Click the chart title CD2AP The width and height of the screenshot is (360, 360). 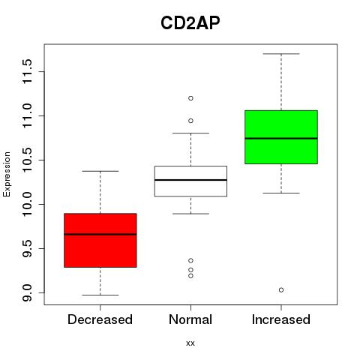point(190,23)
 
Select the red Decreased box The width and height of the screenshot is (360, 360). point(100,240)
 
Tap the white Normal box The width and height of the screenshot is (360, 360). point(190,181)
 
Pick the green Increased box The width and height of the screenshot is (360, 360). point(281,137)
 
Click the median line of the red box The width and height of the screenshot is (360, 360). point(100,234)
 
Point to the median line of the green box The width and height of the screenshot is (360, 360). point(281,138)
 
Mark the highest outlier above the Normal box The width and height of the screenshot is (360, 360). point(190,98)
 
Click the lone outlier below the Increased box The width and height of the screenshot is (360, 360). point(281,290)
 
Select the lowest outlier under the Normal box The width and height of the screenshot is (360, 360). point(190,276)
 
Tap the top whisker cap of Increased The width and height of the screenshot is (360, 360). point(281,54)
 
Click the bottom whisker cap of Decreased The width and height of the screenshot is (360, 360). point(100,295)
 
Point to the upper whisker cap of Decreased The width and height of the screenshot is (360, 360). point(100,171)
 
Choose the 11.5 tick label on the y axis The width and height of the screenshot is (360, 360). point(27,71)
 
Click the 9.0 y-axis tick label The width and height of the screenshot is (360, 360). point(27,292)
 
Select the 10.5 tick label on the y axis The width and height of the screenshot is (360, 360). point(27,160)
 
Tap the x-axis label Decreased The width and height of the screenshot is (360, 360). point(100,319)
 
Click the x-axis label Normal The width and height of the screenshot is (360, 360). point(190,319)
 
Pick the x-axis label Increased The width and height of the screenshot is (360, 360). point(281,319)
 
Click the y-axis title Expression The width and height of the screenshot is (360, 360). point(7,174)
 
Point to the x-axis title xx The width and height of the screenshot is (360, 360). point(190,343)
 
